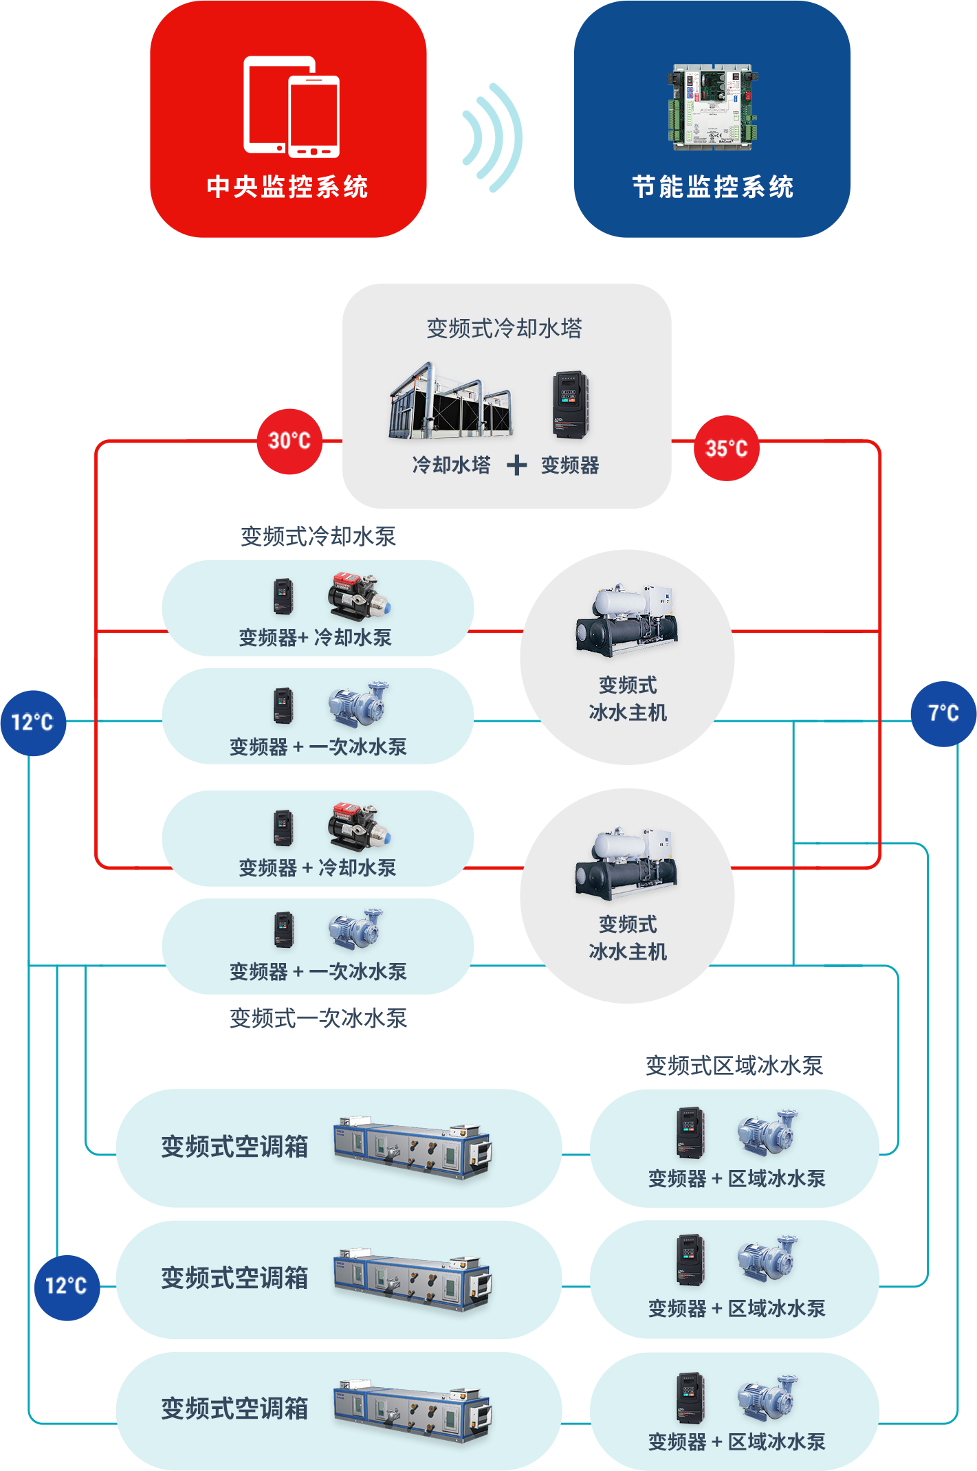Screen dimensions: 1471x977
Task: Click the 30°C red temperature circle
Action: (x=289, y=441)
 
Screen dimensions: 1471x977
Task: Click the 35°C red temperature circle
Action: (x=727, y=449)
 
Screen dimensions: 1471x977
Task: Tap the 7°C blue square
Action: (x=943, y=714)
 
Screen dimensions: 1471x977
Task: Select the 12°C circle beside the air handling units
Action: (x=67, y=1287)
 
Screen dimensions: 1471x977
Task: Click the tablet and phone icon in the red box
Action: (x=292, y=107)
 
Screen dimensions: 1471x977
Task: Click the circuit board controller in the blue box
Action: (x=712, y=107)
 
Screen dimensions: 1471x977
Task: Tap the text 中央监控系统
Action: (x=287, y=187)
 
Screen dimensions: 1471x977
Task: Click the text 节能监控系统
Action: (x=712, y=187)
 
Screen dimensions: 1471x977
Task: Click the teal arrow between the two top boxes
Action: (x=491, y=137)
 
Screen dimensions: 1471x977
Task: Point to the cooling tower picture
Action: (x=450, y=402)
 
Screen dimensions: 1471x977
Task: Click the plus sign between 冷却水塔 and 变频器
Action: (x=516, y=465)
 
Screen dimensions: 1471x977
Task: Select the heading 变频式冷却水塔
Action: (x=504, y=329)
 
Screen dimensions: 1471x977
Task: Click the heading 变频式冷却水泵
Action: (x=318, y=536)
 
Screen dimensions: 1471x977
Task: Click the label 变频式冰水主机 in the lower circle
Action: (x=627, y=938)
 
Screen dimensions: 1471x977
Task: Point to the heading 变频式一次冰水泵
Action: (x=318, y=1018)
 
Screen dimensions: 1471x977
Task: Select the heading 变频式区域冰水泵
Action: (x=734, y=1065)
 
